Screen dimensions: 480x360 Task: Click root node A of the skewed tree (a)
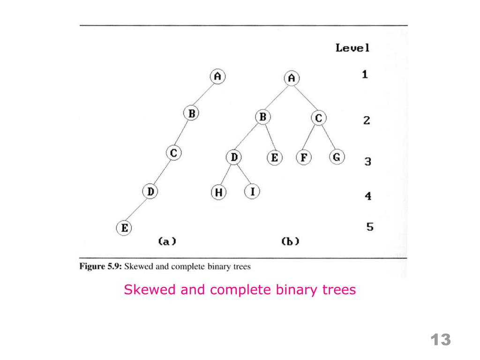point(217,76)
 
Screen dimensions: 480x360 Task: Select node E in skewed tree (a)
point(124,228)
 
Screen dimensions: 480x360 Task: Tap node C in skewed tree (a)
point(174,152)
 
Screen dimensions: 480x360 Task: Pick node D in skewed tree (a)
point(150,191)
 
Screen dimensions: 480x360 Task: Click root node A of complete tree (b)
point(292,78)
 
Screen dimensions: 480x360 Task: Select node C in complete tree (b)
point(318,118)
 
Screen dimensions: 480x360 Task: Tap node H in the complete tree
point(218,192)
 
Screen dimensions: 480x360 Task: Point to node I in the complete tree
point(252,191)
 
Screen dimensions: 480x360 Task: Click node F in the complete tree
point(304,157)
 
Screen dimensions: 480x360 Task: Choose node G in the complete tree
point(337,157)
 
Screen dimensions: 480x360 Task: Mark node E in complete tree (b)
point(274,157)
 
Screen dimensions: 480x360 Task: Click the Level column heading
point(352,47)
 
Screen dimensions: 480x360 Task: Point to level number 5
point(370,227)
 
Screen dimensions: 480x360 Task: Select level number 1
point(365,74)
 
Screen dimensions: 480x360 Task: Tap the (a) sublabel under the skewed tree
point(166,241)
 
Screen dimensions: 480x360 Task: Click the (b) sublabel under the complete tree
point(290,241)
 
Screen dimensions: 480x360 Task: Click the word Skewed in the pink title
point(150,290)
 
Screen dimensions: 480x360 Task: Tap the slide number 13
point(440,339)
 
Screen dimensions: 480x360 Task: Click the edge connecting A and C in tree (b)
point(305,98)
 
